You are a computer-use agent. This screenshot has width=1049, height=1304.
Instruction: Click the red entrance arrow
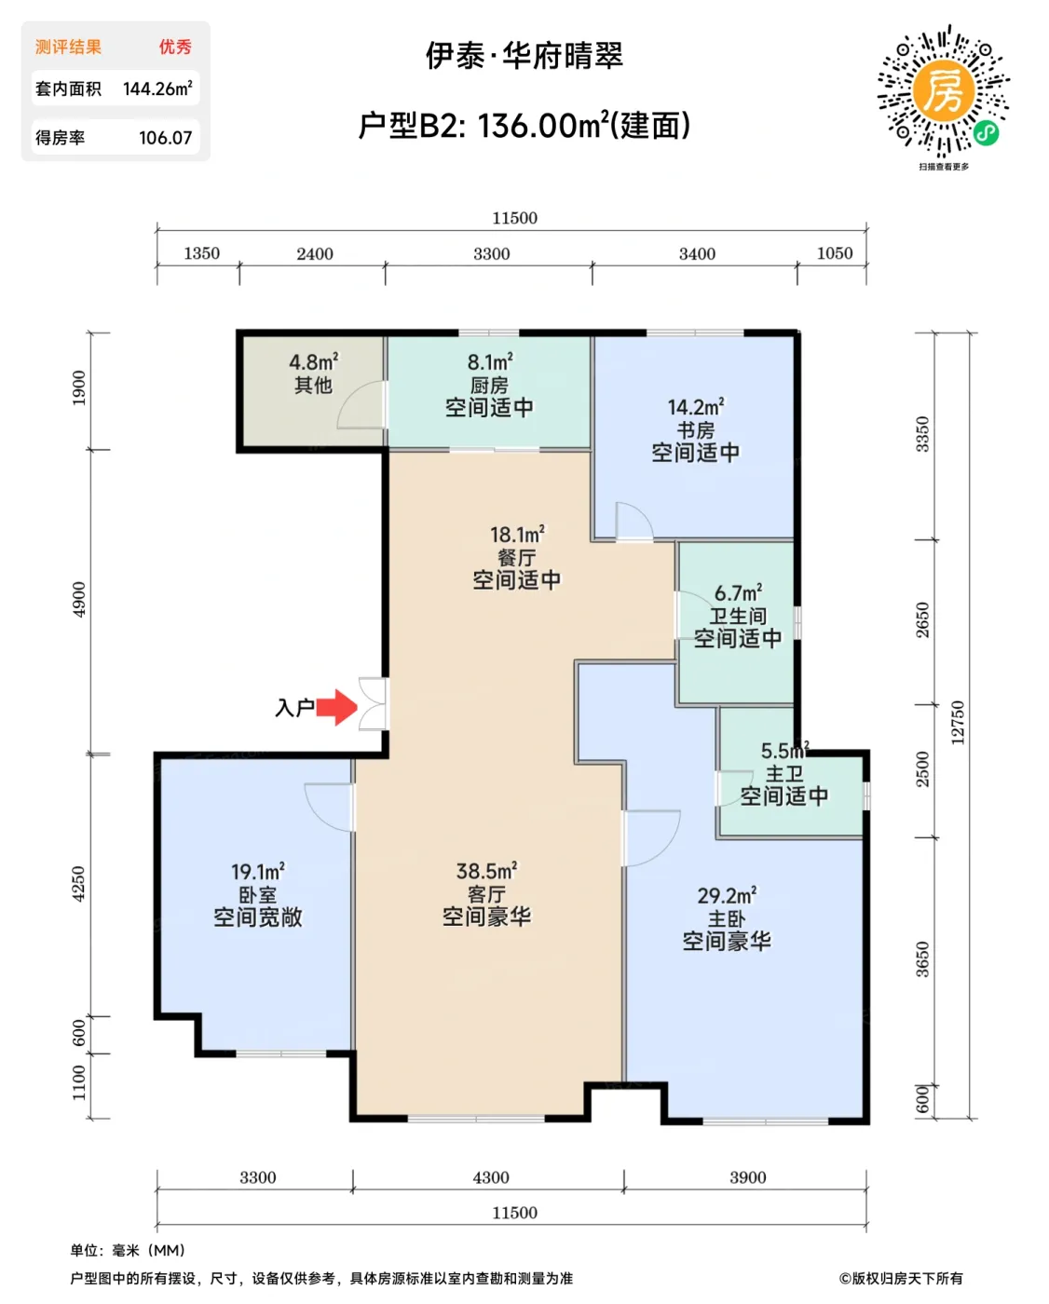(337, 708)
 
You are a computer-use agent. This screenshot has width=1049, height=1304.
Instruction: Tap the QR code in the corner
(944, 91)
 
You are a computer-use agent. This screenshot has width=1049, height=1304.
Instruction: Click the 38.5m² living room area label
(486, 872)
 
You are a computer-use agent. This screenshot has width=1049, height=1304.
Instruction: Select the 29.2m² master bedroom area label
(727, 896)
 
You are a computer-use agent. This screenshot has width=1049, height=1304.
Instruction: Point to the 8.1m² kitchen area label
(490, 362)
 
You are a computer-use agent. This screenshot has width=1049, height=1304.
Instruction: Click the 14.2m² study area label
(696, 408)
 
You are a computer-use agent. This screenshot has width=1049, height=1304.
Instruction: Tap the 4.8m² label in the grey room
(314, 362)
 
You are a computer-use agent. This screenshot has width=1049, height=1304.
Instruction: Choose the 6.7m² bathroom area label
(738, 593)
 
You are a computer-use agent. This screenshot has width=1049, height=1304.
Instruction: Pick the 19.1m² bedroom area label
(258, 872)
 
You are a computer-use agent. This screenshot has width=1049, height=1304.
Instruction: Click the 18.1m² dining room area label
(517, 535)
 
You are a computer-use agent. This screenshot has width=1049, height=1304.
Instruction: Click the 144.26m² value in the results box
(157, 89)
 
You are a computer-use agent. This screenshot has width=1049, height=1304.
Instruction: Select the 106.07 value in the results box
(165, 138)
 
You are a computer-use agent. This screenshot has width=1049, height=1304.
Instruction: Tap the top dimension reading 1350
(201, 253)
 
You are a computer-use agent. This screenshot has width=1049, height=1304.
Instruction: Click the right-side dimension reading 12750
(958, 723)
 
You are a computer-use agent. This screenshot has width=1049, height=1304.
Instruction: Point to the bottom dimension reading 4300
(491, 1177)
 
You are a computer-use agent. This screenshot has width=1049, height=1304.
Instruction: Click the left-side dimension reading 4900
(79, 599)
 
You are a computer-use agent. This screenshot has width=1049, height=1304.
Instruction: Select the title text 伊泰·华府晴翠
(524, 56)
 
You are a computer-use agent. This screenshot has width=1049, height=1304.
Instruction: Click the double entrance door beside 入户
(375, 704)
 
